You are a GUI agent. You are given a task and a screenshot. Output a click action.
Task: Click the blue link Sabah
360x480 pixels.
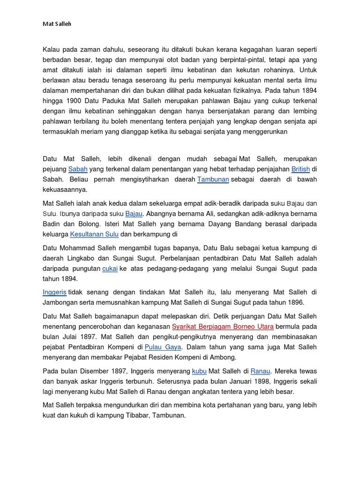tap(78, 169)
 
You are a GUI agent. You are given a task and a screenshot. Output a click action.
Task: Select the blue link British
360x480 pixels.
tap(300, 169)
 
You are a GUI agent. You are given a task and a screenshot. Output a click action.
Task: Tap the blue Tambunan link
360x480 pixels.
tap(213, 180)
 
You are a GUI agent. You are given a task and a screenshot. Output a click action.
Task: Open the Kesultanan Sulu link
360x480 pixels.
tap(94, 234)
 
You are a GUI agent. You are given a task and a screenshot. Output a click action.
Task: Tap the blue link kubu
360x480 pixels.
tap(199, 371)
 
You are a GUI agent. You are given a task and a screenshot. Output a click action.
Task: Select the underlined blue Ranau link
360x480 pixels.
tap(260, 371)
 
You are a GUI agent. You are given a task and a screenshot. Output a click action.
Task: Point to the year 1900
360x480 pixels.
tap(75, 101)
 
